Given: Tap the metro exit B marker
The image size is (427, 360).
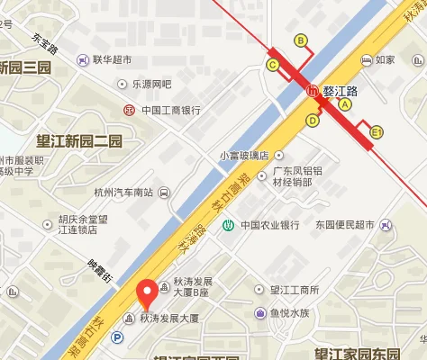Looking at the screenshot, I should pyautogui.click(x=301, y=40).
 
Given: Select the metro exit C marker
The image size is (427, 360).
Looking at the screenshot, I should pyautogui.click(x=272, y=65).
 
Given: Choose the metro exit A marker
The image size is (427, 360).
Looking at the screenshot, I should pyautogui.click(x=344, y=104).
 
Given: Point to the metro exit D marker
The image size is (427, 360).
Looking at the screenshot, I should pyautogui.click(x=313, y=120).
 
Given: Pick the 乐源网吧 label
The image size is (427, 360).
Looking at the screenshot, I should pyautogui.click(x=150, y=85).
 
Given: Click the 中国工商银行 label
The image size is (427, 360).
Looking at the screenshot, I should pyautogui.click(x=168, y=111).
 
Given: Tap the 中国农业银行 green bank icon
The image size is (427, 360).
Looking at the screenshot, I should pyautogui.click(x=230, y=225).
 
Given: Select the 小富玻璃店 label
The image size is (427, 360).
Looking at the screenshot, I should pyautogui.click(x=243, y=155).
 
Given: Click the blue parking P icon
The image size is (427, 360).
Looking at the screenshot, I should pyautogui.click(x=116, y=338).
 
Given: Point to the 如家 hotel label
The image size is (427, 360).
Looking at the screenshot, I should pyautogui.click(x=385, y=60).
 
